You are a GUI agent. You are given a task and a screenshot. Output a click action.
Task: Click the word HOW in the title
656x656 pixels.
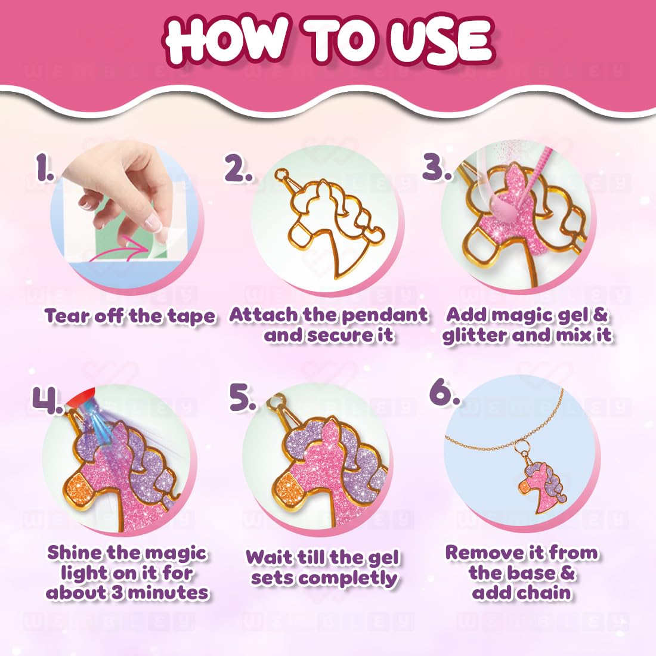click(x=230, y=41)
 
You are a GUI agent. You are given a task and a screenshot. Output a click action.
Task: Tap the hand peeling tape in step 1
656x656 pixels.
click(x=128, y=179)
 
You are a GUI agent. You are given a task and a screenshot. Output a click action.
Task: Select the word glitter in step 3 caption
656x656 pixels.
click(x=474, y=335)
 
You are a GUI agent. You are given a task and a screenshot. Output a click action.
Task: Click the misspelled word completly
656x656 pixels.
click(x=357, y=578)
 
